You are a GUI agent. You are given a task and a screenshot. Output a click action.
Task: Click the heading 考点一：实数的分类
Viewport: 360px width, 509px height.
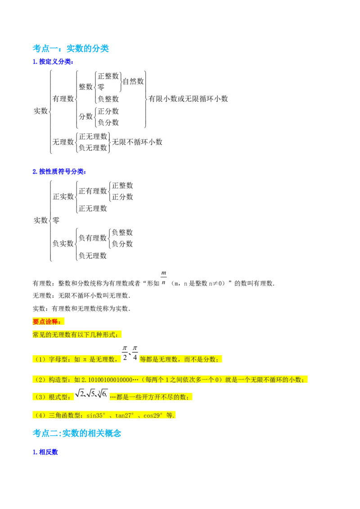[71, 49]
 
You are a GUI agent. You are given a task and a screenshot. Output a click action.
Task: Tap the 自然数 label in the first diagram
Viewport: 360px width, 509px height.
[133, 81]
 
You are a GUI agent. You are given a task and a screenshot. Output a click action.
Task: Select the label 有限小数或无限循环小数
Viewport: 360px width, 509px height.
[188, 98]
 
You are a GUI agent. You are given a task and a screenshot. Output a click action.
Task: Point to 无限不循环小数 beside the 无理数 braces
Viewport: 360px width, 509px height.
[137, 142]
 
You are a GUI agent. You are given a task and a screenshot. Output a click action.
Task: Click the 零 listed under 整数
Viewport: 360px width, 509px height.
[101, 87]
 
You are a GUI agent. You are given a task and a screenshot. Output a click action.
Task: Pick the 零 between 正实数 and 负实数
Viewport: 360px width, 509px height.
[56, 220]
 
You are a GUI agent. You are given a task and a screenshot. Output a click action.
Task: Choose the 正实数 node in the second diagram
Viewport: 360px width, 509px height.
[63, 196]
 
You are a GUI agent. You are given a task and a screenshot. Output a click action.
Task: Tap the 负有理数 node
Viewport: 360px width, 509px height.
[93, 238]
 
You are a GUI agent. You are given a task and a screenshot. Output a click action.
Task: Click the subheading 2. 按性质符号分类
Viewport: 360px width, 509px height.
[59, 171]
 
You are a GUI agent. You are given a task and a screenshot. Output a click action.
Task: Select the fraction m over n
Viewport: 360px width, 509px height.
[164, 278]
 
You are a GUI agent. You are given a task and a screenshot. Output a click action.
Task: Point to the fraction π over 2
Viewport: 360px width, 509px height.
[125, 353]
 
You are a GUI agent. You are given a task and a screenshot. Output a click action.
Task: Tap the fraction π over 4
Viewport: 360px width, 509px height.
[135, 353]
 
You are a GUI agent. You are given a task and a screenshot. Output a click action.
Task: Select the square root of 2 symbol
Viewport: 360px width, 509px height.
[80, 393]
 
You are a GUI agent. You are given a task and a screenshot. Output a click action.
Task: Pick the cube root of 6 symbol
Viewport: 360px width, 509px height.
[102, 393]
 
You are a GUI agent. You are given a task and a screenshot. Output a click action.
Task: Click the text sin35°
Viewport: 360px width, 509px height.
[96, 415]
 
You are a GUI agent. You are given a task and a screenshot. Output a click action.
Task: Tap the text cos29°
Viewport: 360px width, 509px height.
[153, 415]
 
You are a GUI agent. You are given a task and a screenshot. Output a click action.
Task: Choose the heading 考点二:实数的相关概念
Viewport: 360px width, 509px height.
[76, 433]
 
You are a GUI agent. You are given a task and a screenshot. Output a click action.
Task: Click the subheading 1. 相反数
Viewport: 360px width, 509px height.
[45, 452]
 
